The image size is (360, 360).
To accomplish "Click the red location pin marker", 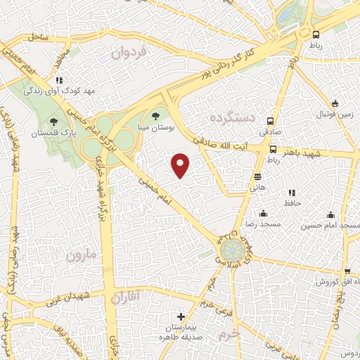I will (181, 165).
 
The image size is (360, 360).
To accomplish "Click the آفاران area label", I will (126, 298).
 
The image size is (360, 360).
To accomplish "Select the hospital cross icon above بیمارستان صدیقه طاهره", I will (181, 317).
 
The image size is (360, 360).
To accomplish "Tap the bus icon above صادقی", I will (273, 120).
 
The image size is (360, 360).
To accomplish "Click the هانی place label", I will (257, 187).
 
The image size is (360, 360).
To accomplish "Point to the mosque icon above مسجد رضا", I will (263, 213).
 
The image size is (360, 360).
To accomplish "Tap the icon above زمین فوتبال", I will (335, 103).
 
